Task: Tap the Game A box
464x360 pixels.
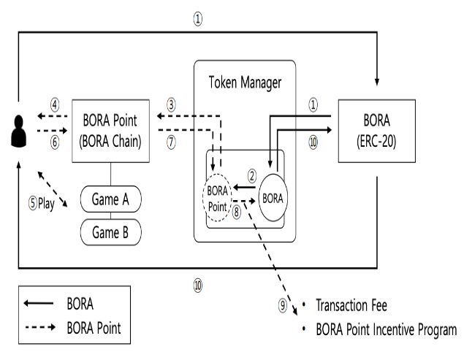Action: (x=111, y=197)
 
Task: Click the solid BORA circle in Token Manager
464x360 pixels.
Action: (x=272, y=197)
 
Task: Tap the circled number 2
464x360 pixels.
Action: (x=251, y=175)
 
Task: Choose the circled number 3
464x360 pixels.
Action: (x=171, y=104)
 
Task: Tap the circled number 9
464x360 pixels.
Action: (x=283, y=307)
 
